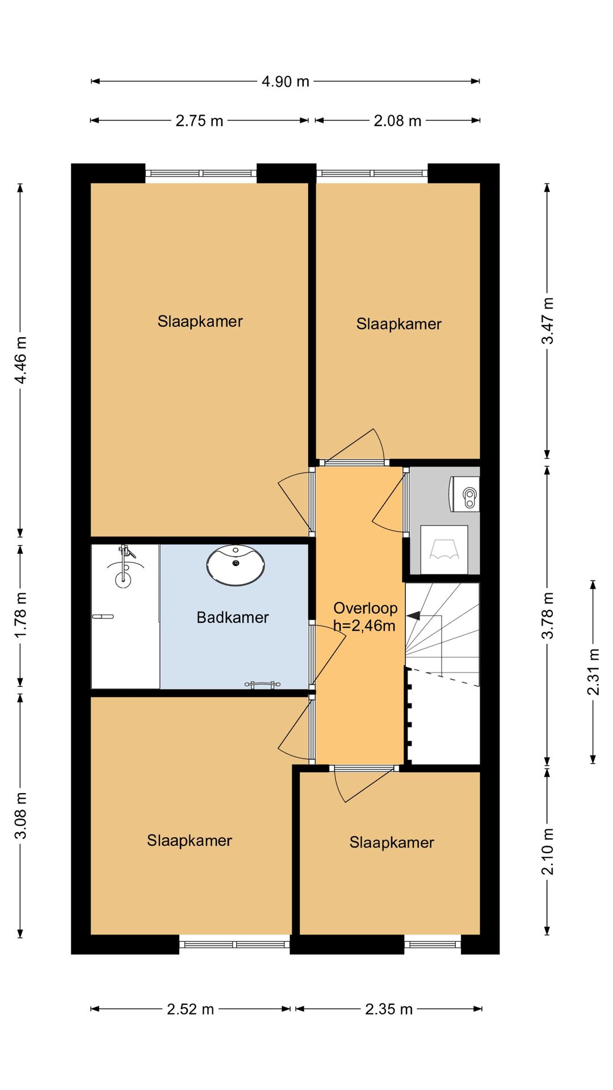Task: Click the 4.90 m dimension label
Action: coord(285,81)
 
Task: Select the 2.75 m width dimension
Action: coord(199,120)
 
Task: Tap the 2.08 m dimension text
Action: coord(397,120)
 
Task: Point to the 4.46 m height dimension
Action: coord(20,360)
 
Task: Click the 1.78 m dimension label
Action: coord(20,614)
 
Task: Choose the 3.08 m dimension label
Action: coord(20,815)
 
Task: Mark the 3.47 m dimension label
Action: coord(548,321)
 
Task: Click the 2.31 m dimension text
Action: coord(593,672)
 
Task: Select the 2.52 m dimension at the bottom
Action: coord(190,1009)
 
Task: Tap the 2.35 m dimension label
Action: coord(389,1009)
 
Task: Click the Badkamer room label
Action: coord(233,617)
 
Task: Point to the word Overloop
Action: coord(365,608)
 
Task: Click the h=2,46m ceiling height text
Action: coord(364,626)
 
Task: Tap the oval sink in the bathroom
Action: coord(236,565)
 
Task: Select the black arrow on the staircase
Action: coord(413,615)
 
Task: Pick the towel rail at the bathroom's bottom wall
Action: coord(262,685)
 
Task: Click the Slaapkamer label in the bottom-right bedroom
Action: coord(392,842)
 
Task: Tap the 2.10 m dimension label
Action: coord(548,851)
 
